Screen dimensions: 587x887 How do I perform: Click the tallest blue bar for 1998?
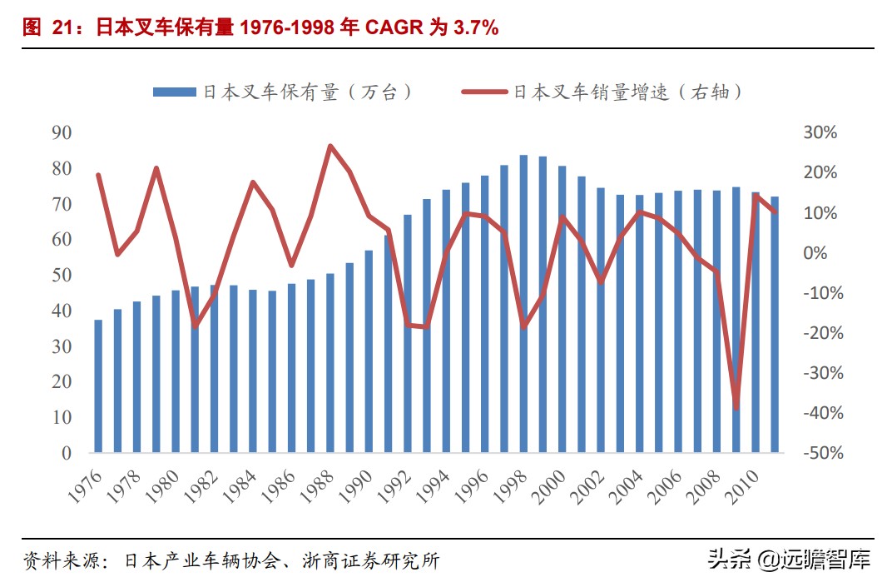(x=523, y=304)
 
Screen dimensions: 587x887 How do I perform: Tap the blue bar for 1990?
(x=369, y=351)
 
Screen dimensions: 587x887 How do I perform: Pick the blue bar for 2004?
(x=640, y=324)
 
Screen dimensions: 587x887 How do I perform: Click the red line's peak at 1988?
(x=330, y=147)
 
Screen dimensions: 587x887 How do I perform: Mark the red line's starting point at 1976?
(x=98, y=175)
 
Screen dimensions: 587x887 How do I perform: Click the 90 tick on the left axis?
(x=61, y=133)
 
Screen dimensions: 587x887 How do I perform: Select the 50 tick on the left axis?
(x=61, y=276)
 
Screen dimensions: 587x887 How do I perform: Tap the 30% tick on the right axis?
(x=820, y=133)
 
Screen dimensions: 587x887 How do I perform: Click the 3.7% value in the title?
(x=475, y=27)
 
